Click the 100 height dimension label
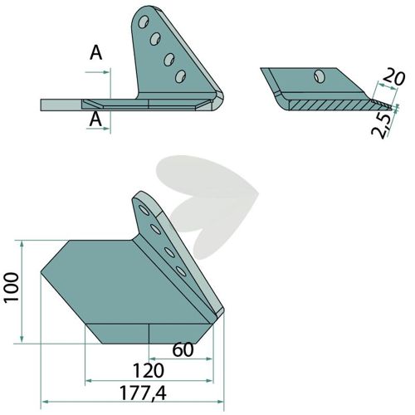tap(12, 286)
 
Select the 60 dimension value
tap(183, 349)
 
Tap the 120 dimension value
tap(149, 371)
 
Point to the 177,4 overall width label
tap(143, 393)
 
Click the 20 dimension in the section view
tap(393, 78)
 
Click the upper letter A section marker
tap(96, 53)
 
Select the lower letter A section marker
tap(95, 120)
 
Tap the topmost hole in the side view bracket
tap(144, 22)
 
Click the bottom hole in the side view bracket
tap(180, 76)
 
